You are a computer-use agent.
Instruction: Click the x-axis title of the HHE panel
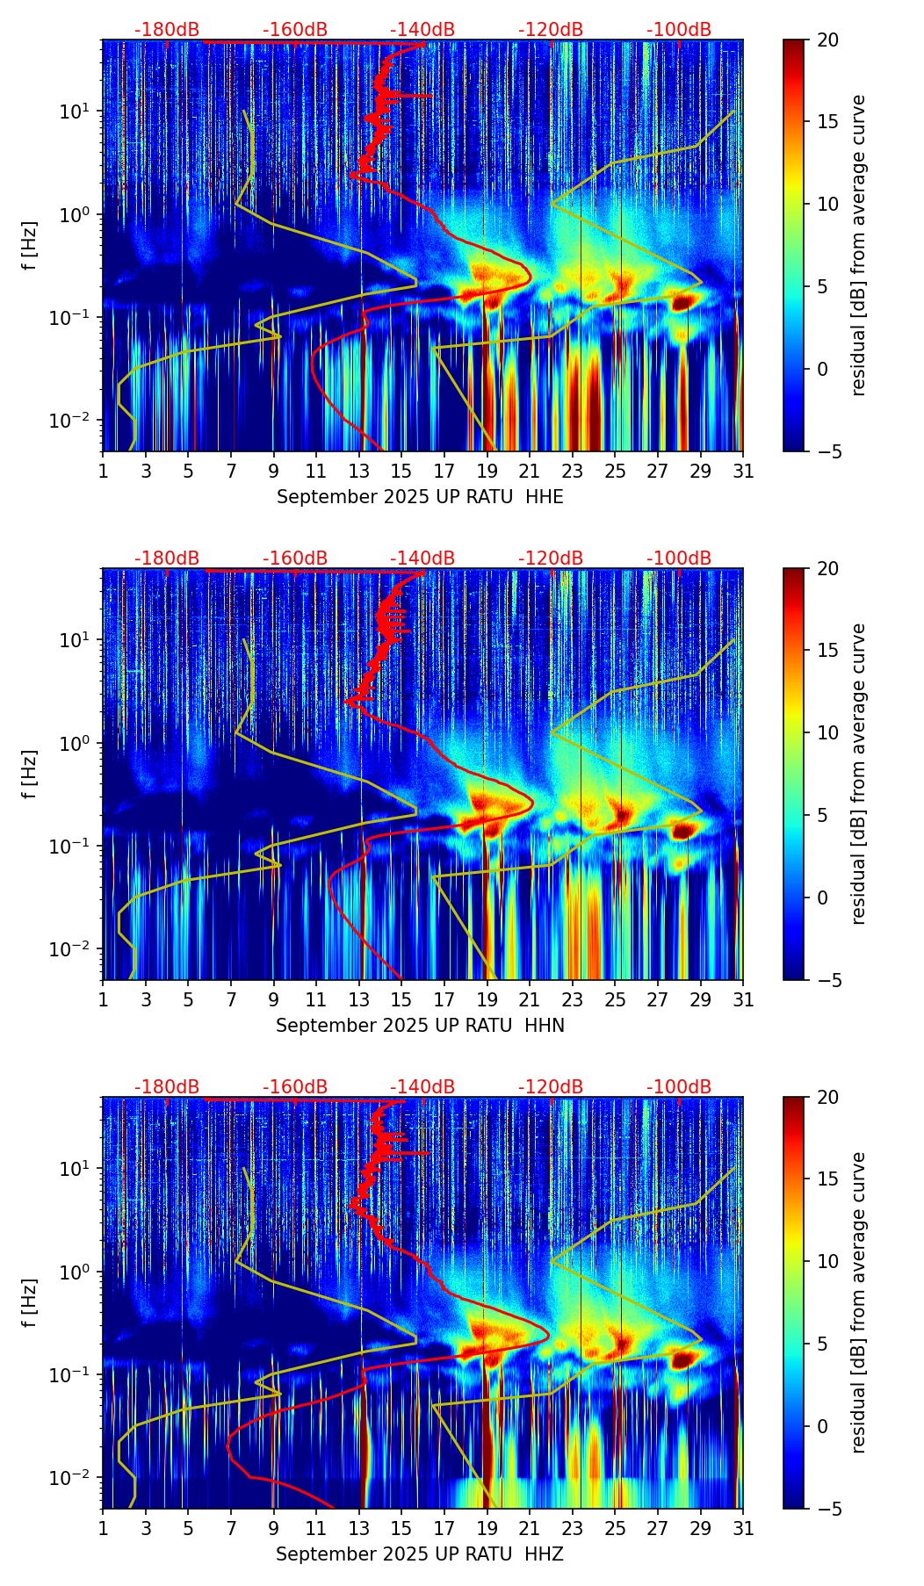(x=420, y=497)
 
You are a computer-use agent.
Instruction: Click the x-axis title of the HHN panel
(x=420, y=1026)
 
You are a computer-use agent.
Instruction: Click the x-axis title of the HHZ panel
(x=420, y=1554)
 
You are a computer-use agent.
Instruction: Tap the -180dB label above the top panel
(x=167, y=30)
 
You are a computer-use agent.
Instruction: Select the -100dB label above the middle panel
(x=679, y=559)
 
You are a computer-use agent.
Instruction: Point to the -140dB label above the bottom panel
(x=422, y=1087)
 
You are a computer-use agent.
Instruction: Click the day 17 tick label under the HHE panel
(x=444, y=471)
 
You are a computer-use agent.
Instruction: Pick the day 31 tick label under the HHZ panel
(x=743, y=1528)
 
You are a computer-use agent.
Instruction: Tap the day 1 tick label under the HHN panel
(x=103, y=999)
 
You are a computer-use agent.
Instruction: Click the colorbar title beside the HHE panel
(x=859, y=245)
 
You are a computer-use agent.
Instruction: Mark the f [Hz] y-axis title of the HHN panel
(x=30, y=774)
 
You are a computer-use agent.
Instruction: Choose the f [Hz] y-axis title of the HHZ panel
(x=30, y=1302)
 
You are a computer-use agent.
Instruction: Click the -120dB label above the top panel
(x=551, y=30)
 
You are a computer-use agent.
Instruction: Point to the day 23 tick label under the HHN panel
(x=572, y=999)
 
